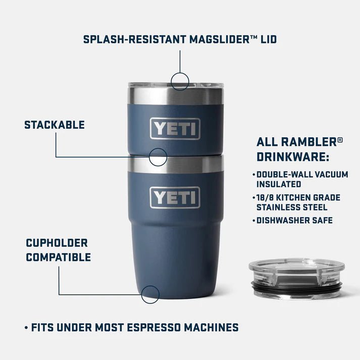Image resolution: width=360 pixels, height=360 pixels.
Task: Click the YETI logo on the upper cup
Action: tap(175, 129)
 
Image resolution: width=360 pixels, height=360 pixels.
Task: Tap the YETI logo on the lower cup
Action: tap(175, 197)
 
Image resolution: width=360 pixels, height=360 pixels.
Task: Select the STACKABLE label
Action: tap(55, 125)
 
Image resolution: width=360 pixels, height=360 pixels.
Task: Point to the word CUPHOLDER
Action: tap(57, 243)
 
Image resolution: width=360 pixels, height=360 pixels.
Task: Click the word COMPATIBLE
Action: tap(59, 258)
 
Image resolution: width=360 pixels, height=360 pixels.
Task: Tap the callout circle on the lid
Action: tap(180, 81)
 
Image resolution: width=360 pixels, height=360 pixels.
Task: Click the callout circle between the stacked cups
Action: tap(158, 158)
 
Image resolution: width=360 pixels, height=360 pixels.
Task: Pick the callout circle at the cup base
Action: tap(150, 294)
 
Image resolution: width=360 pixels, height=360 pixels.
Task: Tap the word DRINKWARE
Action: tap(293, 157)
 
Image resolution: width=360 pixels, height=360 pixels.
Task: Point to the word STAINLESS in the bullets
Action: tap(279, 207)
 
